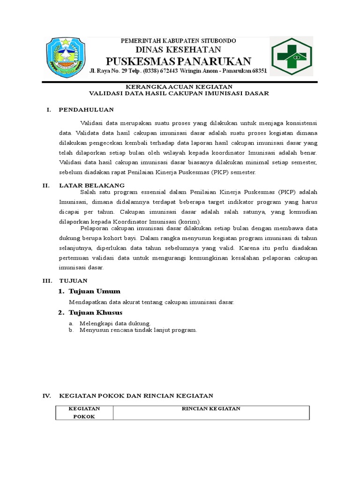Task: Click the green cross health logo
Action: point(291,57)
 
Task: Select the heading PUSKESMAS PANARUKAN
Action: point(178,61)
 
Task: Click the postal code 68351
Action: point(257,71)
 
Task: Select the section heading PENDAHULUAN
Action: point(86,110)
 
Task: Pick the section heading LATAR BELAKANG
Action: point(91,186)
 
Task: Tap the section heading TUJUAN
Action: point(73,280)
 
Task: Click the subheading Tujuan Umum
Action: point(94,291)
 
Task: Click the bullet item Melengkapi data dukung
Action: point(115,323)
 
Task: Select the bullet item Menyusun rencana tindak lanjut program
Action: point(138,330)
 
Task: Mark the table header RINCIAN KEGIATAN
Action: point(211,409)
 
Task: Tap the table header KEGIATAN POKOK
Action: point(84,412)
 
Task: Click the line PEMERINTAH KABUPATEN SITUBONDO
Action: point(178,41)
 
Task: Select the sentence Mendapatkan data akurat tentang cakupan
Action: point(151,302)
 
